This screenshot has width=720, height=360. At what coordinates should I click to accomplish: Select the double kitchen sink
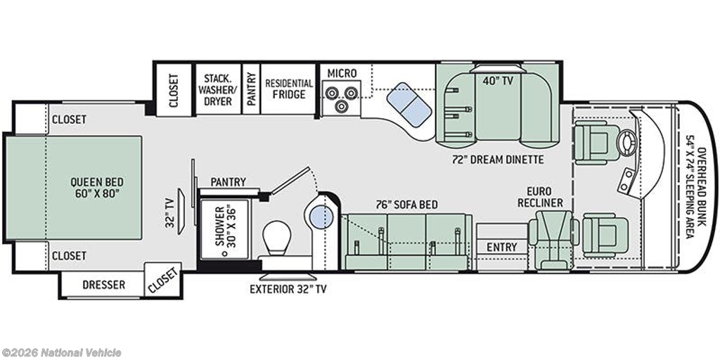409,105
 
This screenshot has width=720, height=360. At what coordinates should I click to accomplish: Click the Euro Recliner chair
553,239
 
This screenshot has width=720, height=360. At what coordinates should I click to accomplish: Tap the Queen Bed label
97,187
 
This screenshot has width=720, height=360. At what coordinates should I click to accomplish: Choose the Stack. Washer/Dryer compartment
218,89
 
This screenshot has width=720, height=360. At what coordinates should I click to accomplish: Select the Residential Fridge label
289,89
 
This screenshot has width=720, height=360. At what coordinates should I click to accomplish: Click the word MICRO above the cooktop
342,73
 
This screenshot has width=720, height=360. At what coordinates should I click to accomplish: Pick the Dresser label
104,285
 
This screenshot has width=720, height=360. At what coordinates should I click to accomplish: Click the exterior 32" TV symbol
288,278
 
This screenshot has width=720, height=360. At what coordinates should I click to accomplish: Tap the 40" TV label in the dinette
499,82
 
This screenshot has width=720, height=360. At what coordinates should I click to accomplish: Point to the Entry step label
502,247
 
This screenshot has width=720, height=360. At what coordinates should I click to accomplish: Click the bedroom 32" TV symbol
182,211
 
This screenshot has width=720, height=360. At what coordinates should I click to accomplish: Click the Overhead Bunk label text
695,193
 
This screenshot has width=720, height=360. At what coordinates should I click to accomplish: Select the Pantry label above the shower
229,182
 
